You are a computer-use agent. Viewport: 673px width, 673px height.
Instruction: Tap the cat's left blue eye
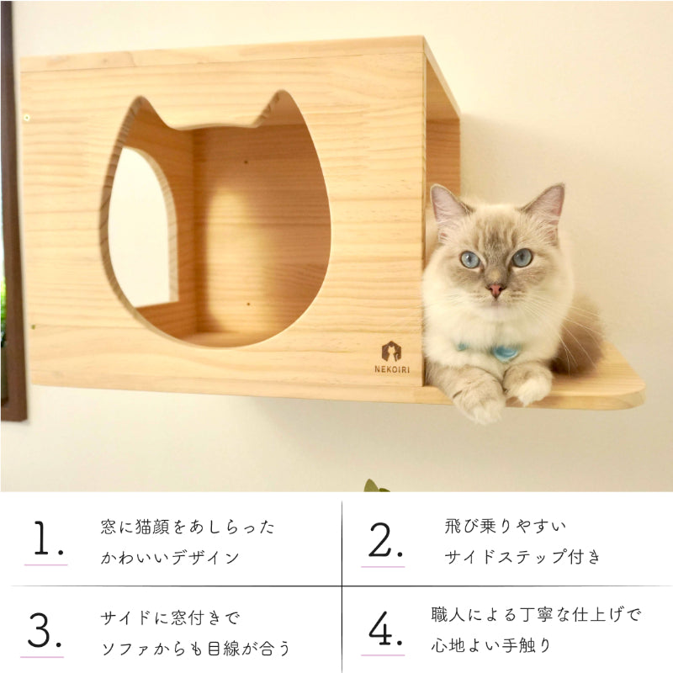point(471,259)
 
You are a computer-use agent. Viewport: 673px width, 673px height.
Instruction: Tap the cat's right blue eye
point(522,257)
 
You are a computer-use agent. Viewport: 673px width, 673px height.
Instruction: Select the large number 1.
point(48,541)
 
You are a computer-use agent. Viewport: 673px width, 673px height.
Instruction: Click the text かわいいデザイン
point(170,557)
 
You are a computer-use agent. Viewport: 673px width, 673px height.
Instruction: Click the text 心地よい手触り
point(491,645)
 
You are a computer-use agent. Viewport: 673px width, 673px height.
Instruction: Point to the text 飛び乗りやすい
point(506,527)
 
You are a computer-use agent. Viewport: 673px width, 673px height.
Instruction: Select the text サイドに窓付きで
point(170,618)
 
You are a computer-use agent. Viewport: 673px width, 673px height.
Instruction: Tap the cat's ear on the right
point(547,206)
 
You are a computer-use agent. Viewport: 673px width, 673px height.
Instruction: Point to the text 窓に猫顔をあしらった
point(188,527)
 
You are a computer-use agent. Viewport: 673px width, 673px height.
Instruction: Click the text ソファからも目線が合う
point(195,648)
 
